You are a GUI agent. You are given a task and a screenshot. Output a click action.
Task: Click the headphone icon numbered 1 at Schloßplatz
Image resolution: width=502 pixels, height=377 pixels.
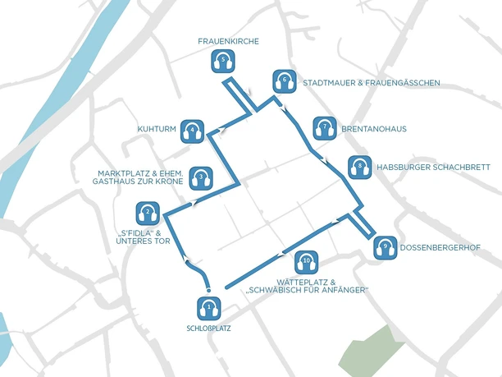point(209,309)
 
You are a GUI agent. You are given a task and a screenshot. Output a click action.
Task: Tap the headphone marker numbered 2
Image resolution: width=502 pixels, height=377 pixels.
point(148,214)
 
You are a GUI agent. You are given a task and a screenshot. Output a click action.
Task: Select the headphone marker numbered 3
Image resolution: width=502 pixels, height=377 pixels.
point(201,176)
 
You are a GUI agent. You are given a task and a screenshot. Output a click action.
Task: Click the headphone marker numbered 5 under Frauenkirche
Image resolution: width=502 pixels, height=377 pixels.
point(223,60)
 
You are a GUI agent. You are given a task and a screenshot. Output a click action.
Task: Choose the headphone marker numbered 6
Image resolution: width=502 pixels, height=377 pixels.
point(284,81)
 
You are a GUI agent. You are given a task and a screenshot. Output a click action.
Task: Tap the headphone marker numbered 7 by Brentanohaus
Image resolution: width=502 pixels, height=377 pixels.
point(325,127)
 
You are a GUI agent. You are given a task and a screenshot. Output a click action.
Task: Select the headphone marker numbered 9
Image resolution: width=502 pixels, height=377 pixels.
point(385,247)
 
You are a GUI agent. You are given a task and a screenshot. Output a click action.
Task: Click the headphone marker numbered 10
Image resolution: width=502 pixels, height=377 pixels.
point(306,263)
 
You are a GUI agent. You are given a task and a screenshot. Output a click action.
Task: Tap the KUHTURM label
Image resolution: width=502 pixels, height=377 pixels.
point(157,129)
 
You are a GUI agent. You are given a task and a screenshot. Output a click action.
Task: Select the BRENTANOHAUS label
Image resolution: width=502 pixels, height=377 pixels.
point(373,129)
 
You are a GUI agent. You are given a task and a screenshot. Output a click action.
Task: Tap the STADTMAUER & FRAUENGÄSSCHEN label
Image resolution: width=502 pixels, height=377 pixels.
point(372,83)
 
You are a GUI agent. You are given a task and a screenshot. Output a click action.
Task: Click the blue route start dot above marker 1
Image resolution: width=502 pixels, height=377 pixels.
point(209,288)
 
